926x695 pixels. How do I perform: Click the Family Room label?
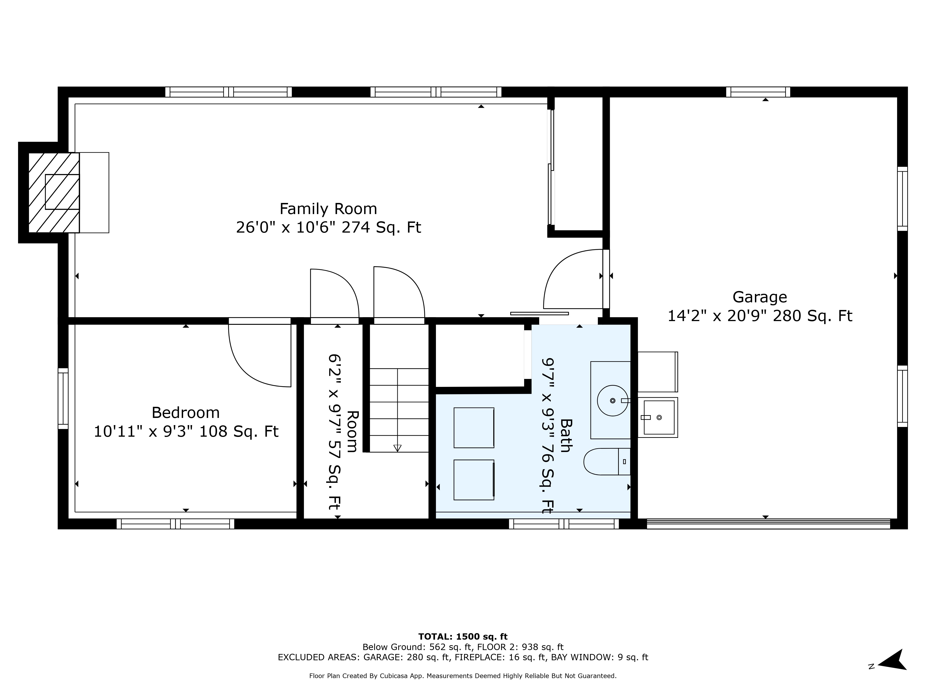click(x=328, y=209)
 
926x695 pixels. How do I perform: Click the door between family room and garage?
click(x=606, y=279)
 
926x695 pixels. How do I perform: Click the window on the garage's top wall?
click(x=758, y=92)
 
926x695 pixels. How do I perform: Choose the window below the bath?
click(x=563, y=524)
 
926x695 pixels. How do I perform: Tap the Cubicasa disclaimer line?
click(x=463, y=676)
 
